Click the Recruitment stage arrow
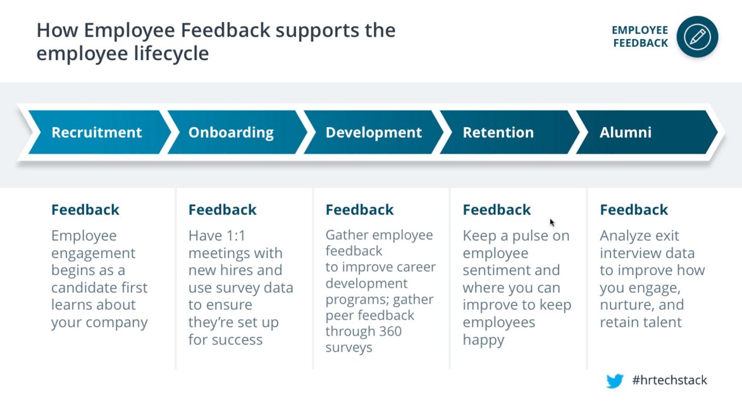[96, 133]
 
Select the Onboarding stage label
[231, 133]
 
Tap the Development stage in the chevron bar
[373, 133]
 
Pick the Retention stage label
[498, 133]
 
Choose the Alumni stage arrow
[616, 133]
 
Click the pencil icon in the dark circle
[697, 37]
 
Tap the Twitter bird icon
[614, 381]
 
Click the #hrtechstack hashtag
[669, 381]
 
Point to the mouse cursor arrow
[552, 222]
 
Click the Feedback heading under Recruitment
[85, 210]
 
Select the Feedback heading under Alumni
[633, 210]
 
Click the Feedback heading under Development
[359, 210]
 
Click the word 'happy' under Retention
[483, 340]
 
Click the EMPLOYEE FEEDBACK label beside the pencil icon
[640, 37]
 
